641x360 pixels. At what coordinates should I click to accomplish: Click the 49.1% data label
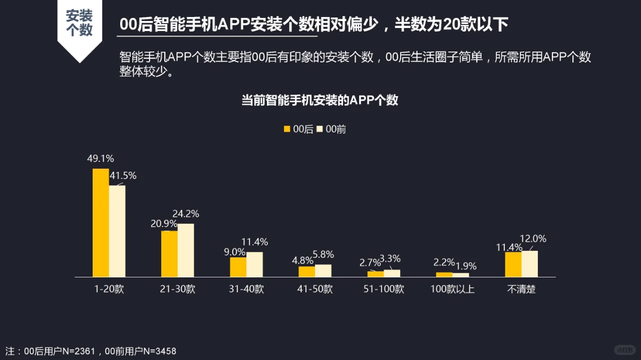click(x=100, y=159)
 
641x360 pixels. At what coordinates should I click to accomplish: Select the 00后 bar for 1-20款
click(x=101, y=223)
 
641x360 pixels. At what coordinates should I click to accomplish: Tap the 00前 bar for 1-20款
click(x=117, y=231)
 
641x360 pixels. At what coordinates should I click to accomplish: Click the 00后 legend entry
click(x=298, y=129)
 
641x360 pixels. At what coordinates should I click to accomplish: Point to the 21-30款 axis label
click(x=177, y=289)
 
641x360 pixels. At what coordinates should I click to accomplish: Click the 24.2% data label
click(x=185, y=214)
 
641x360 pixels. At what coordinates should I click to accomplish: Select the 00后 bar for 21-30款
click(x=169, y=254)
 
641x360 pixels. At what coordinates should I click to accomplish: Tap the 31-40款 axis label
click(x=246, y=289)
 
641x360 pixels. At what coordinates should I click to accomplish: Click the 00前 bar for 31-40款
click(x=254, y=264)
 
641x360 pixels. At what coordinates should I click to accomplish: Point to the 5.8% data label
click(x=323, y=254)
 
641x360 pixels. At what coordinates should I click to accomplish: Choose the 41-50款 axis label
click(x=314, y=289)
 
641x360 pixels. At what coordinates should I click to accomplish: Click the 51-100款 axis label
click(x=384, y=289)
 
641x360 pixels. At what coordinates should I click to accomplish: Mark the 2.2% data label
click(x=444, y=262)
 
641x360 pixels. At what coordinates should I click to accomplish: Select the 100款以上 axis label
click(x=452, y=289)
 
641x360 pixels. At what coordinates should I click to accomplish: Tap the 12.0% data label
click(x=533, y=239)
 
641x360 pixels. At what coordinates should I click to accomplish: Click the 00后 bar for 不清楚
click(x=513, y=264)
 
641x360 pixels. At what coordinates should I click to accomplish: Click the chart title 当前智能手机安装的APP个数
click(x=320, y=100)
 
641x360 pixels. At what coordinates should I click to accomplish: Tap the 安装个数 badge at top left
click(x=79, y=23)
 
